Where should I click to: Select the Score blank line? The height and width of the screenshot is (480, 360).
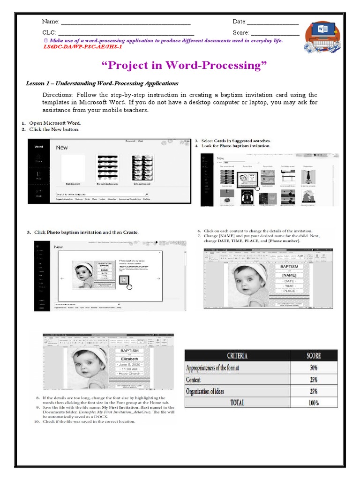(x=275, y=34)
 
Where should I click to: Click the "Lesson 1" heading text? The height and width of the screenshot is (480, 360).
(x=102, y=83)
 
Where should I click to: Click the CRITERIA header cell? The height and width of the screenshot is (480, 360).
(x=237, y=355)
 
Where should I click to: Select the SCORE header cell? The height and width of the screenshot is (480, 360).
(x=313, y=355)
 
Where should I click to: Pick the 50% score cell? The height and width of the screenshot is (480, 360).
(x=313, y=367)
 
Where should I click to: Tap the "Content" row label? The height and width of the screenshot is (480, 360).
(x=193, y=379)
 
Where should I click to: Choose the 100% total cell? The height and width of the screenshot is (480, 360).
(x=313, y=402)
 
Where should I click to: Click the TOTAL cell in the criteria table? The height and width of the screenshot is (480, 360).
(x=237, y=402)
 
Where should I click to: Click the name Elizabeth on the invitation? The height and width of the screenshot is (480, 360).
(x=130, y=359)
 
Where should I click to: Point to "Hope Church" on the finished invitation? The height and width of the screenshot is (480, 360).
(x=130, y=374)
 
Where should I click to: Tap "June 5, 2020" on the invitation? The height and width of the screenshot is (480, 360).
(x=130, y=364)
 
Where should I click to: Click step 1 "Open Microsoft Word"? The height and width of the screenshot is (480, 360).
(x=52, y=123)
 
